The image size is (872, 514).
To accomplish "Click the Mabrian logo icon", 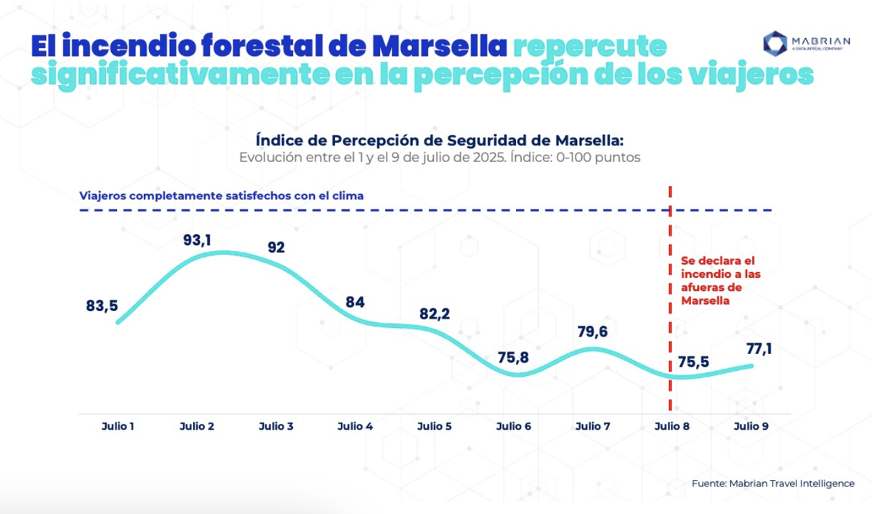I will click(x=775, y=43).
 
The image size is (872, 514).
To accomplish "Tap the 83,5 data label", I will click(x=102, y=306).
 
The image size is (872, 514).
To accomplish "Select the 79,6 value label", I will click(x=592, y=332).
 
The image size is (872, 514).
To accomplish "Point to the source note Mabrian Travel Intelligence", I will click(x=772, y=483).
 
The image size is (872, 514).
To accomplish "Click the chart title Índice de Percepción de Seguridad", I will click(x=439, y=140).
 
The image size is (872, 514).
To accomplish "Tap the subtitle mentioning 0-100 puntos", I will click(x=439, y=157).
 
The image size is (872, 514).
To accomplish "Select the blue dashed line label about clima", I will click(x=222, y=196).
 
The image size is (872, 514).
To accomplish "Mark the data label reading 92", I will click(x=275, y=246).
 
